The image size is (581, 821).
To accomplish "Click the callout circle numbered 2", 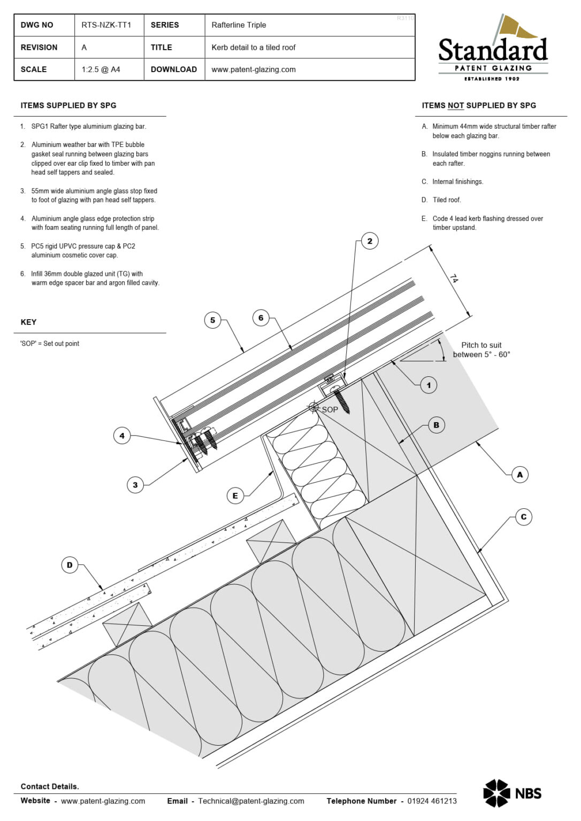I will pyautogui.click(x=370, y=241).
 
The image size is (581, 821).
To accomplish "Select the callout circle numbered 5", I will pyautogui.click(x=212, y=320).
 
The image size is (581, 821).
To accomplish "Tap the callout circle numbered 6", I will pyautogui.click(x=261, y=318).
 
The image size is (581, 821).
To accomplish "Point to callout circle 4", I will pyautogui.click(x=122, y=436).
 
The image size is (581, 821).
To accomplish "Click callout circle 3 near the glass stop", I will pyautogui.click(x=135, y=485).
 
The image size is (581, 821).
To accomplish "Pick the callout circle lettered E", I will pyautogui.click(x=235, y=495).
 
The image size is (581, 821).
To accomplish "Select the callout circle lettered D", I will pyautogui.click(x=70, y=565).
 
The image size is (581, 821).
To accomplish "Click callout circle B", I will pyautogui.click(x=436, y=425).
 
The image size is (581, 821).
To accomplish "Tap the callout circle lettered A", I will pyautogui.click(x=519, y=475).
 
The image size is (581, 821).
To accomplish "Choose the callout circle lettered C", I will pyautogui.click(x=523, y=517).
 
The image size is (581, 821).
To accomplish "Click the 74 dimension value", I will pyautogui.click(x=454, y=278).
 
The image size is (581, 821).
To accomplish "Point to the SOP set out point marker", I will pyautogui.click(x=314, y=407).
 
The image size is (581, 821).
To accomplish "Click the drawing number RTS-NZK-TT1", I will pyautogui.click(x=106, y=25).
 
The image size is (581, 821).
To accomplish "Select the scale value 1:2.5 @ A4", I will pyautogui.click(x=101, y=69).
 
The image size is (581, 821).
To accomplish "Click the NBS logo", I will pyautogui.click(x=512, y=793).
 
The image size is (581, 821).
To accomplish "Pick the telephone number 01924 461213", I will pyautogui.click(x=432, y=801).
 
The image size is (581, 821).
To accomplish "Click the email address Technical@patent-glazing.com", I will pyautogui.click(x=251, y=801).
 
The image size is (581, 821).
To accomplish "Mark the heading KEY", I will pyautogui.click(x=28, y=322).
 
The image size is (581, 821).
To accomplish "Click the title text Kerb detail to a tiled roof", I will pyautogui.click(x=253, y=48).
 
